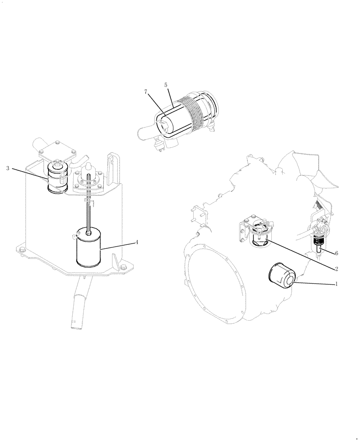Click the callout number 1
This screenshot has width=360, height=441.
pos(337,284)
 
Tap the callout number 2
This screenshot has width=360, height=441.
pos(337,268)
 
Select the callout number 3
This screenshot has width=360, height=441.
pos(8,168)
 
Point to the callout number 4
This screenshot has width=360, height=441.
pos(137,242)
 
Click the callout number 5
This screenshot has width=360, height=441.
pos(165,84)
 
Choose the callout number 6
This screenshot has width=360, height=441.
pos(337,254)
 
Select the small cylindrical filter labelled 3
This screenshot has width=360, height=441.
pos(57,179)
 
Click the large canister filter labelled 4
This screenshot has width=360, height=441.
pos(89,250)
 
